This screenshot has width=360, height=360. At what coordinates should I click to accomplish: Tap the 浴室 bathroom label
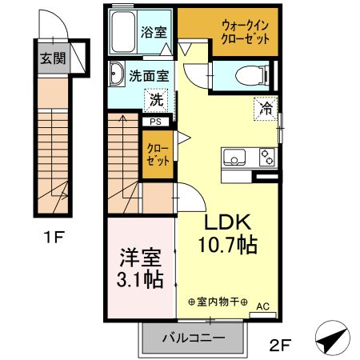point(154,32)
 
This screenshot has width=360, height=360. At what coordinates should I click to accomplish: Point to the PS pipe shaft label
point(154,121)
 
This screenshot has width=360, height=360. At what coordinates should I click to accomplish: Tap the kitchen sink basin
point(236,157)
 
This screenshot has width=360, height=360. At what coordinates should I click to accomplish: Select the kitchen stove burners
point(266,158)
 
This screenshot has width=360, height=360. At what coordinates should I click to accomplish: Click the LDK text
point(230,222)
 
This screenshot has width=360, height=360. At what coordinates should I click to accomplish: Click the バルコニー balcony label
point(191,338)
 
